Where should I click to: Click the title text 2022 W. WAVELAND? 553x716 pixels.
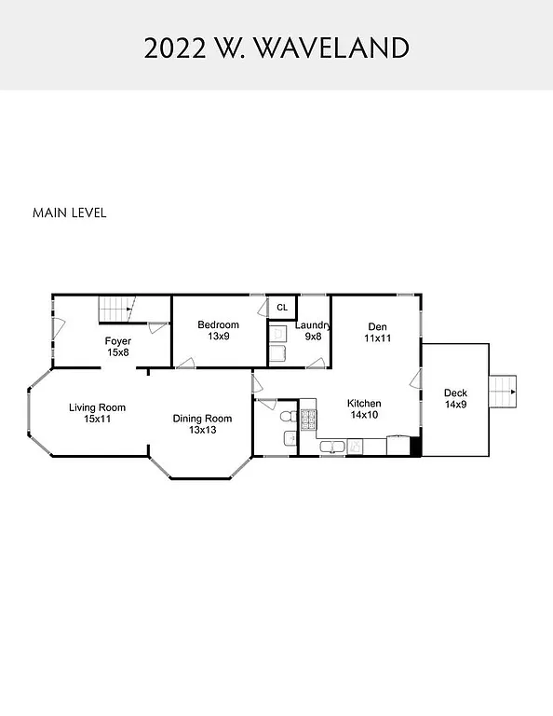coord(276,48)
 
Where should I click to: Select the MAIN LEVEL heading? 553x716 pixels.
coord(70,213)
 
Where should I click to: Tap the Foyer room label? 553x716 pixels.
coord(118,341)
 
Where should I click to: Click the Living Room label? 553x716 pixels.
coord(97,407)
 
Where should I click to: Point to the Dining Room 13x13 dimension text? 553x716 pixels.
coord(202,430)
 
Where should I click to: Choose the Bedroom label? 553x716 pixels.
coord(218,324)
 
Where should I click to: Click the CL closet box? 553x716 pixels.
coord(282,307)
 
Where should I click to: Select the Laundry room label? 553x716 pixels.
coord(313,324)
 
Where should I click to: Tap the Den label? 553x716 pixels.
coord(377,326)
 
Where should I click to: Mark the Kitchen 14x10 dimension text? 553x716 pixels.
coord(364,415)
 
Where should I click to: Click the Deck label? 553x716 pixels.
coord(455,392)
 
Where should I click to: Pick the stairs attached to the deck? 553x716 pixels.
coord(503,391)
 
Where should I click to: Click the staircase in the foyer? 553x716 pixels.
coord(117,309)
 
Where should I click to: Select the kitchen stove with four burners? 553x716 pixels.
coord(308,418)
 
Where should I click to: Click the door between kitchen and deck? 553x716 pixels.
coord(416,379)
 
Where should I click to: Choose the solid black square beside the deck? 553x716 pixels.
coord(416,447)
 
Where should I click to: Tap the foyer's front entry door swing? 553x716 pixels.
coord(58,328)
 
